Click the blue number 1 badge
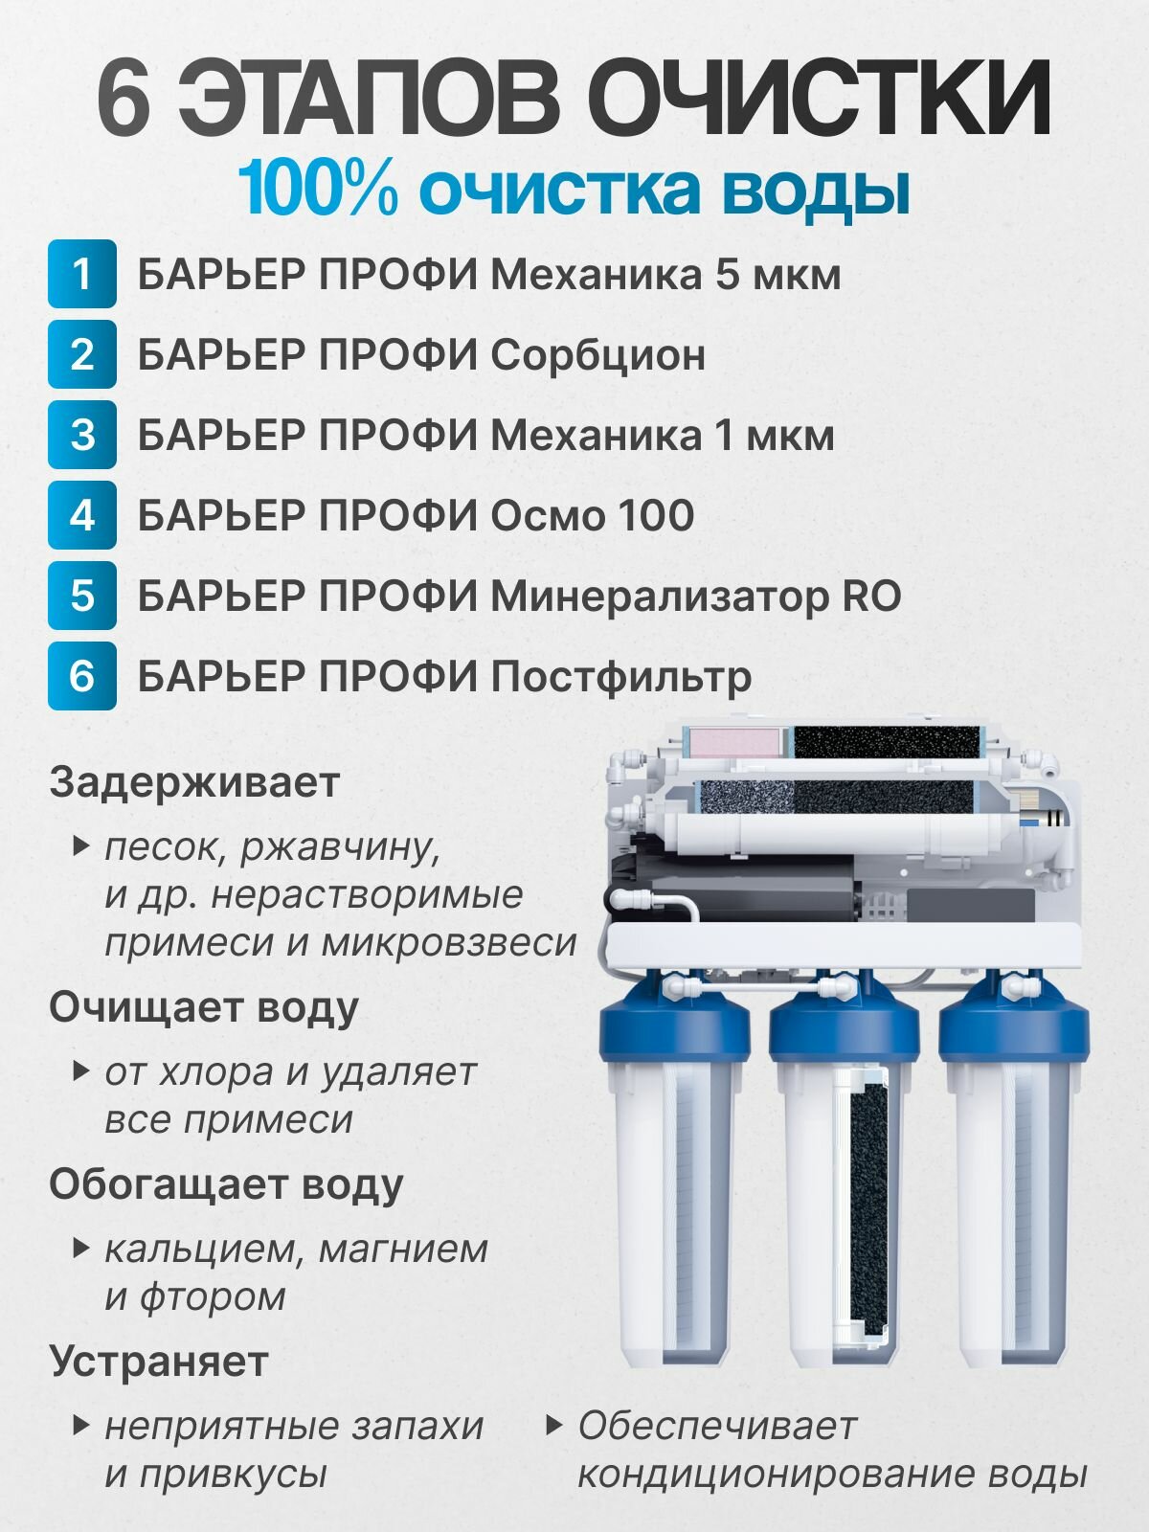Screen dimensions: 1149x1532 click(81, 274)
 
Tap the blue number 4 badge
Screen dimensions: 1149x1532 click(81, 515)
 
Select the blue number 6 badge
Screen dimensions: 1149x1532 click(81, 676)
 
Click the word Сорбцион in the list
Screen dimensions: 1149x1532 click(597, 354)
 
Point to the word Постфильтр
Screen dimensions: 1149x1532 click(620, 677)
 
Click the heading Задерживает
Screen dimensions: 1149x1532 click(194, 782)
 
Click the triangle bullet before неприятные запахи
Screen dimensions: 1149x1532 click(81, 1426)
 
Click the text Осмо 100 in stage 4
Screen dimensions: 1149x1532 click(593, 516)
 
